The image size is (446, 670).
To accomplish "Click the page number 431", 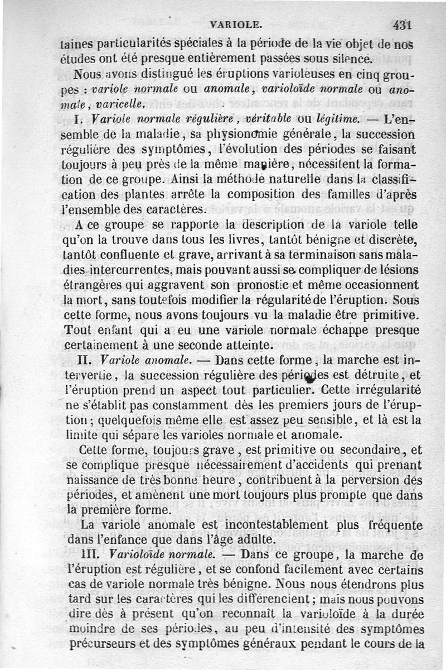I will [x=401, y=25].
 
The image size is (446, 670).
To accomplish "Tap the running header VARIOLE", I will [x=235, y=25].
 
